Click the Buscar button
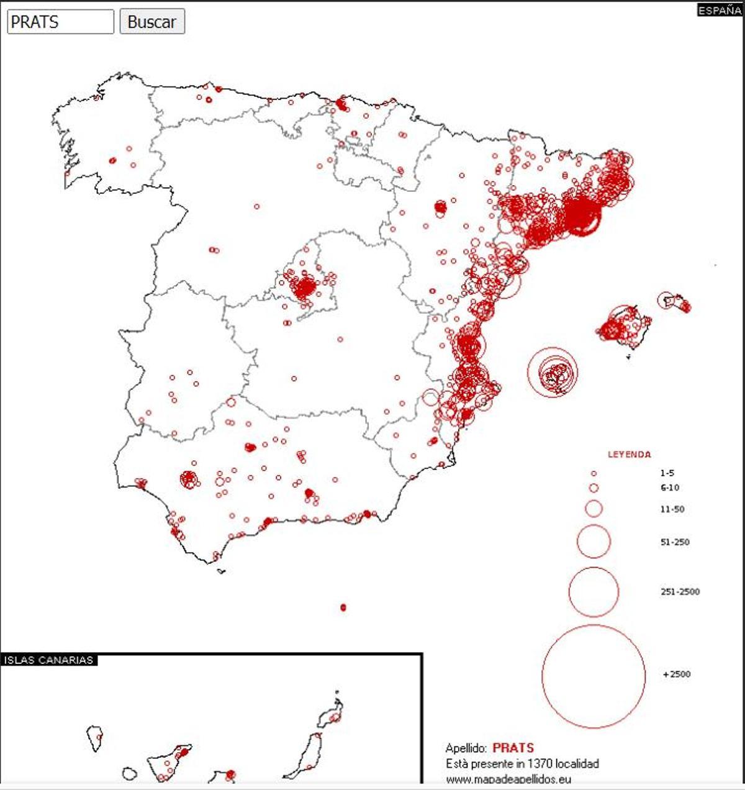click(152, 22)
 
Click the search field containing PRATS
click(60, 22)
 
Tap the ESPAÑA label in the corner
click(719, 11)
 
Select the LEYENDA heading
click(629, 455)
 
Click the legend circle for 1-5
click(594, 473)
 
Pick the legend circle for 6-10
click(594, 488)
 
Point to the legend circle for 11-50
click(594, 509)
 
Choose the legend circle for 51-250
click(594, 542)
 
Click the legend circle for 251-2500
click(594, 591)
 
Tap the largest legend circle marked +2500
click(594, 675)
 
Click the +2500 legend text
click(677, 674)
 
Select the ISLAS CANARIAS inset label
click(48, 660)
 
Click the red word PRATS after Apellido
click(513, 748)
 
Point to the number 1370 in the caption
click(540, 764)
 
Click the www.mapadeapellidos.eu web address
click(508, 779)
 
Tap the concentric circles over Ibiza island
click(553, 373)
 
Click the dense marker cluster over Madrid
click(305, 288)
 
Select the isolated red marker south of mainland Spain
click(343, 607)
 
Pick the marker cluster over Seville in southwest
click(189, 479)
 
